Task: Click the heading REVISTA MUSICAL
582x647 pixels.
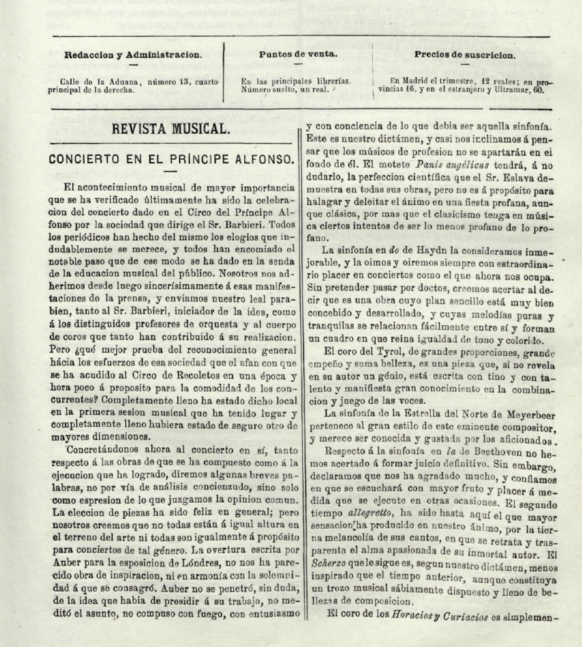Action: point(172,128)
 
